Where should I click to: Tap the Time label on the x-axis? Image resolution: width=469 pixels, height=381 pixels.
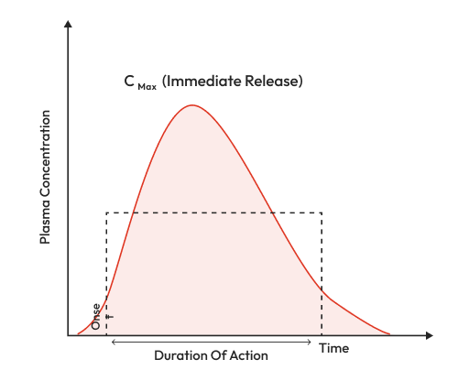(x=333, y=348)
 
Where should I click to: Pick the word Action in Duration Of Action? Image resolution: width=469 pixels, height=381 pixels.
(x=249, y=355)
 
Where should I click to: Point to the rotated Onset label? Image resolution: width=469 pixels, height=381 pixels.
(x=96, y=316)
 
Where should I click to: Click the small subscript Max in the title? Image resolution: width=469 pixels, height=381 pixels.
(x=148, y=85)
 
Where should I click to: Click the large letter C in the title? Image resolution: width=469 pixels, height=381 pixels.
(x=130, y=81)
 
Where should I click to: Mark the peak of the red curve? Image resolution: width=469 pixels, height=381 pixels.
(x=191, y=105)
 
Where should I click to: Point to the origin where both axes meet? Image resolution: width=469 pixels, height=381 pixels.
(x=68, y=336)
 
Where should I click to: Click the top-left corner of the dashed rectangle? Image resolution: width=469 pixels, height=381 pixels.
(x=107, y=212)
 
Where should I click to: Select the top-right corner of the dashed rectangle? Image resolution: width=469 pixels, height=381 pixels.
(x=322, y=212)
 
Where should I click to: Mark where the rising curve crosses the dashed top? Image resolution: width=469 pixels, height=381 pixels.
(x=136, y=212)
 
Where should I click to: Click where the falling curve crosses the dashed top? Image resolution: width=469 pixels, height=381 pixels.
(x=271, y=212)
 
